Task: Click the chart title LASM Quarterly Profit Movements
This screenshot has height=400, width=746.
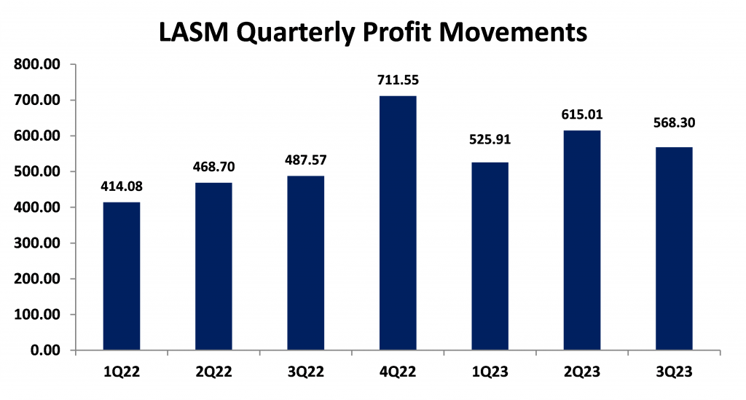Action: pos(373,32)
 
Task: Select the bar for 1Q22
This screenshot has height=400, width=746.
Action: pos(122,276)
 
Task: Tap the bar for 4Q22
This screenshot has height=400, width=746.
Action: pos(398,223)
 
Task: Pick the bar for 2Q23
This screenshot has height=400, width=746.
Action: pos(582,240)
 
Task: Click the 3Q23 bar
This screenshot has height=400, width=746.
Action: pos(674,248)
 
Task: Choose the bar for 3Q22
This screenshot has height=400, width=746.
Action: pos(306,263)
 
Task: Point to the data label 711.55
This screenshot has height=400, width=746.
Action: pos(398,80)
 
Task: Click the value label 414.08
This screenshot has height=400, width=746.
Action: pos(122,187)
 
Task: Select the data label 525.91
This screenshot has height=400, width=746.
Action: pos(490,139)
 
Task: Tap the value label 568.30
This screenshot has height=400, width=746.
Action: pos(674,122)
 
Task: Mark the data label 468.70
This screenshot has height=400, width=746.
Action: pos(214,167)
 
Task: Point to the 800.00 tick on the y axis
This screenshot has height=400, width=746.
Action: pos(37,64)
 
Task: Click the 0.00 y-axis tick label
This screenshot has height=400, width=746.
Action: pos(46,350)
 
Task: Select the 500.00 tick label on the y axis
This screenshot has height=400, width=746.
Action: pos(37,172)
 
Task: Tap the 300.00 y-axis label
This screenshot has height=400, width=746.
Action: pos(37,243)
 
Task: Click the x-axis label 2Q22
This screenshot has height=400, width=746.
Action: pos(214,372)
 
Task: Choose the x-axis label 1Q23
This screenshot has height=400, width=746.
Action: pos(490,372)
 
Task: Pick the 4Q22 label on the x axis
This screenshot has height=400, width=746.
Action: pos(398,372)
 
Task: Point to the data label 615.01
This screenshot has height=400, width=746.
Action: pos(582,114)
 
